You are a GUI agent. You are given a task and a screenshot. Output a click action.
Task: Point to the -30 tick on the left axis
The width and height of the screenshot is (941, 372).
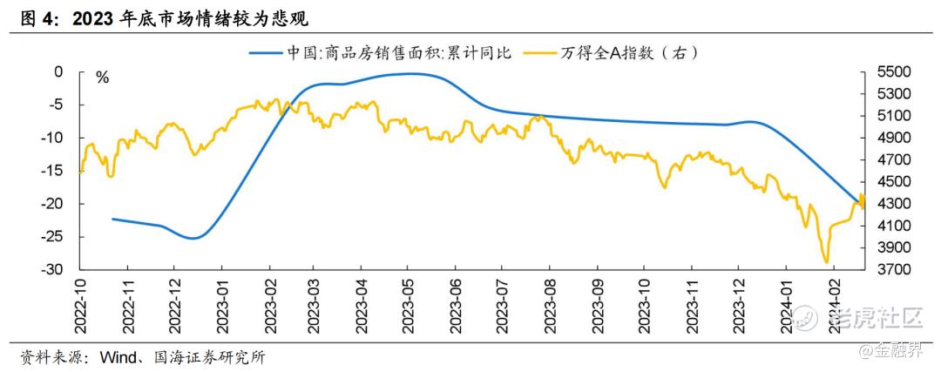(53, 270)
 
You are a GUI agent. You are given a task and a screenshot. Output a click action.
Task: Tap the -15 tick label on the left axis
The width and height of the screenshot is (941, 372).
(53, 171)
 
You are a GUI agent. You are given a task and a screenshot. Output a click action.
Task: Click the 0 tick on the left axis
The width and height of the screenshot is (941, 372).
(59, 71)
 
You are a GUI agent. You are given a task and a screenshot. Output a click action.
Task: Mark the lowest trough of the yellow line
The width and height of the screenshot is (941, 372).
(825, 261)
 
